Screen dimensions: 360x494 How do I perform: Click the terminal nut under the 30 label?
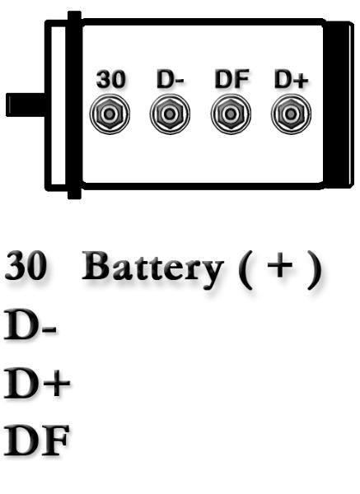(110, 114)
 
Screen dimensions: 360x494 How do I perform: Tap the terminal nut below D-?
(170, 114)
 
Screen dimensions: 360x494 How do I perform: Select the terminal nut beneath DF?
(231, 114)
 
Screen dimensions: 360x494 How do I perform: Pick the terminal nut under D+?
(291, 114)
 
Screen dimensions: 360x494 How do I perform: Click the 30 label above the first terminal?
(110, 79)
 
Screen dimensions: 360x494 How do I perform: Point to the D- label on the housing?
(171, 79)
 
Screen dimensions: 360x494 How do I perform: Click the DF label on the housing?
(231, 79)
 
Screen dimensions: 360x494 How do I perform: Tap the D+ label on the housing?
(292, 79)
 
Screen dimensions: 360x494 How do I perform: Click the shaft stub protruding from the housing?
(26, 105)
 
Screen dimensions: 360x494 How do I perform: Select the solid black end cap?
(339, 105)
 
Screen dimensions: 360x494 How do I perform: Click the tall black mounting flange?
(74, 105)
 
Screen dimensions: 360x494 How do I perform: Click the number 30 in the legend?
(26, 265)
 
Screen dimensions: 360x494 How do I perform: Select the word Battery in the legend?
(152, 268)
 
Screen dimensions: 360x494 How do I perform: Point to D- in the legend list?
(30, 325)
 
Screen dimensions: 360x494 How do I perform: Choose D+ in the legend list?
(37, 382)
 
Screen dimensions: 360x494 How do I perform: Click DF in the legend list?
(36, 440)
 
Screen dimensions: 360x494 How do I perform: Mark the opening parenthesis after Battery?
(245, 270)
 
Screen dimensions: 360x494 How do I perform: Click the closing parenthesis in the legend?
(315, 270)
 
